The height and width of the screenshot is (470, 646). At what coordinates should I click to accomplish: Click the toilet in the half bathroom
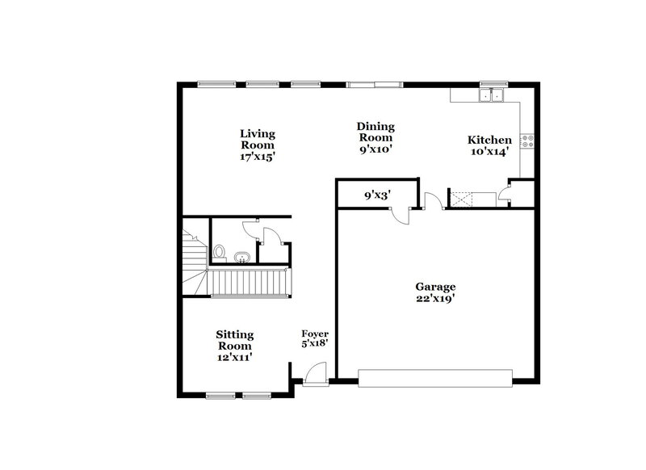[219, 253]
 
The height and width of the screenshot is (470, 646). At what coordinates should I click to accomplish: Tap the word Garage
[435, 287]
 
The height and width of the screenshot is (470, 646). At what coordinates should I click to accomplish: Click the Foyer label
[315, 334]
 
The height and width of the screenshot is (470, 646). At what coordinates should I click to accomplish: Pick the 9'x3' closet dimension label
[377, 195]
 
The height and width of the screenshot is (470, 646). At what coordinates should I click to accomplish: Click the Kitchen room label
[490, 140]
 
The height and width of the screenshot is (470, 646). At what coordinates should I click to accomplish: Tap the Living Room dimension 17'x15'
[257, 157]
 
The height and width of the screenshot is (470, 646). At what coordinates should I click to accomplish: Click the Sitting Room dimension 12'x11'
[234, 357]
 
